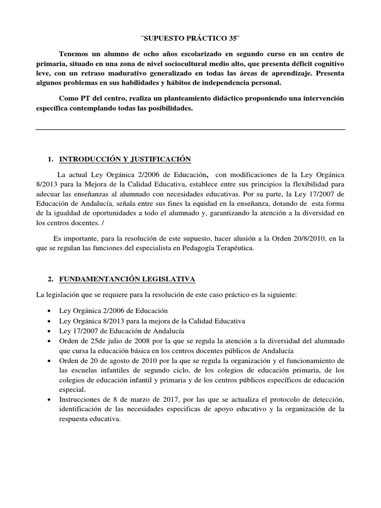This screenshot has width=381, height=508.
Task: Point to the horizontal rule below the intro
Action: (190, 129)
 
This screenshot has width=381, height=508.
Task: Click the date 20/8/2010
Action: (299, 239)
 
